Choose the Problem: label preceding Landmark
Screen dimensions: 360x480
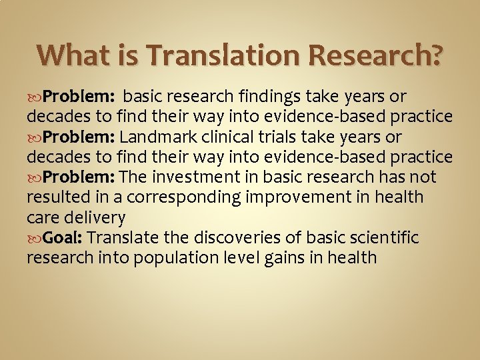[80, 137]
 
